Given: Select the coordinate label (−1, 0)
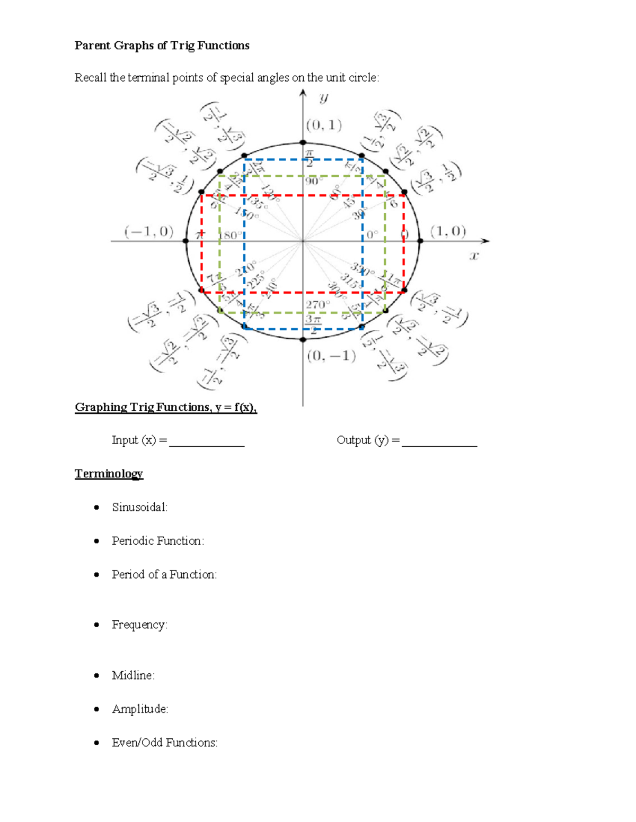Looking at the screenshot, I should point(149,232).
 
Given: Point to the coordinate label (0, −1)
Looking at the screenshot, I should point(331,356).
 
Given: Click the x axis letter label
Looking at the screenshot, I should point(474,256).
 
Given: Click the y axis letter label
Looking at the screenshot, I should point(323,97).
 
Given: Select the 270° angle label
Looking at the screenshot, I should point(317,304).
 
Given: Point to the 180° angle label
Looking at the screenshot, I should point(232,235).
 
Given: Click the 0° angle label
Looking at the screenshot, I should point(373,234).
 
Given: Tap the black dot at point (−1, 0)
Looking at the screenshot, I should point(185,241).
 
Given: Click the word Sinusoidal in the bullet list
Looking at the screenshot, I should point(139,507).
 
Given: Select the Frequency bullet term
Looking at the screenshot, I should point(139,625).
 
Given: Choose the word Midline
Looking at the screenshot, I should point(132,675).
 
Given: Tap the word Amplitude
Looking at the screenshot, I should point(139,709).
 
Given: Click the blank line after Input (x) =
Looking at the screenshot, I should point(207,444).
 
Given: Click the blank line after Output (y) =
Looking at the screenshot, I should point(439,444).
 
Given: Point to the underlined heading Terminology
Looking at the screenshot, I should point(109,473).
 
